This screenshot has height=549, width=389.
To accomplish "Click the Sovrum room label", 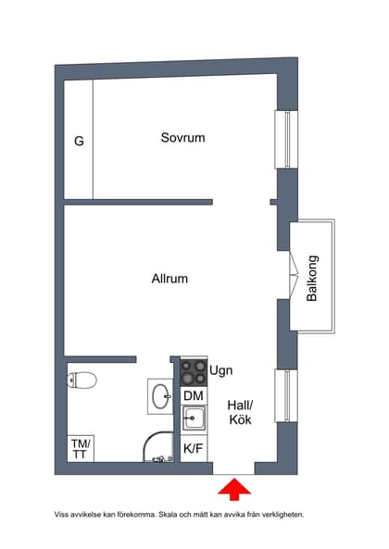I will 182,138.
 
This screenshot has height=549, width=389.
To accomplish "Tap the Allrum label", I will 169,278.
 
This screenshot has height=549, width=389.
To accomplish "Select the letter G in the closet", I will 79,142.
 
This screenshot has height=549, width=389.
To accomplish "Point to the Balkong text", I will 312,278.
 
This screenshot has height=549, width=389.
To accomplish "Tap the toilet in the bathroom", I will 82,380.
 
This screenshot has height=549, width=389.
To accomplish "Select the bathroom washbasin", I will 159,396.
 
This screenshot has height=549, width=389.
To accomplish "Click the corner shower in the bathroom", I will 160,449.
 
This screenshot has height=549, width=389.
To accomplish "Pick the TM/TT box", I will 81,448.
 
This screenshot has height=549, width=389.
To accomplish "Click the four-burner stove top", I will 194,372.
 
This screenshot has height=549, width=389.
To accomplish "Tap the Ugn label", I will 222,370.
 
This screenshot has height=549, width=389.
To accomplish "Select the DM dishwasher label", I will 194,396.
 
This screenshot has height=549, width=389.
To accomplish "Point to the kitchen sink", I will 194,421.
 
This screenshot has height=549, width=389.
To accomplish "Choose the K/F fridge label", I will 194,449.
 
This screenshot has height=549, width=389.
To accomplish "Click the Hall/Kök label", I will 240,412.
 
